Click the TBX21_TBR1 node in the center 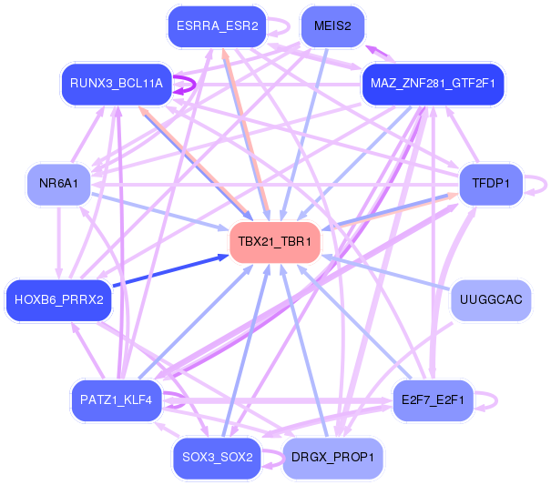point(275,242)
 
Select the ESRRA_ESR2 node point(217,26)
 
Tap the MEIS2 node point(332,26)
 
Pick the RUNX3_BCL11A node point(117,84)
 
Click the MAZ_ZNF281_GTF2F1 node point(433,84)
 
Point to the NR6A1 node point(58,183)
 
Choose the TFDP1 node point(491,183)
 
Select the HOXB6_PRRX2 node point(58,300)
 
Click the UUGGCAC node point(491,300)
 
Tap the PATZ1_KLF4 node point(116,400)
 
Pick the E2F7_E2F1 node point(433,400)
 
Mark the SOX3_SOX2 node point(217,458)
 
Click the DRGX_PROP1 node point(332,458)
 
